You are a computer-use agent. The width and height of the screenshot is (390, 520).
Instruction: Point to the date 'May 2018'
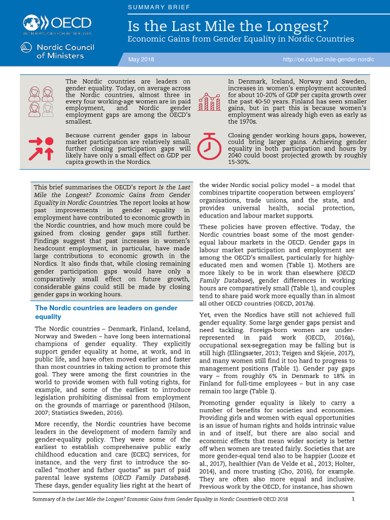click(141, 59)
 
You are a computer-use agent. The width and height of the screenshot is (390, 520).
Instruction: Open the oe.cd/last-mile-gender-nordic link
click(328, 59)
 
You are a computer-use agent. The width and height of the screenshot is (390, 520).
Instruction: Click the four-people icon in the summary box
click(41, 102)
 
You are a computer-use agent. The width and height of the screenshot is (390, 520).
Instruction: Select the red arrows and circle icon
click(41, 148)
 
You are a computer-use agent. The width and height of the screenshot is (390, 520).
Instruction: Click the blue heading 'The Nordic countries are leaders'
click(106, 308)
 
